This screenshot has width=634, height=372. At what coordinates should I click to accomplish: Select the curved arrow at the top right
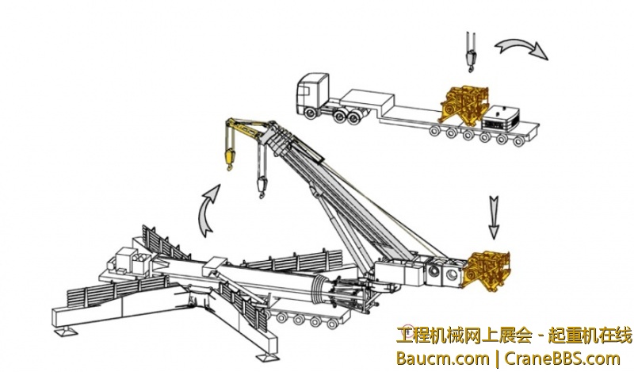tap(521, 48)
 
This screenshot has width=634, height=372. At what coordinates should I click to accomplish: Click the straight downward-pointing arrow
tap(494, 217)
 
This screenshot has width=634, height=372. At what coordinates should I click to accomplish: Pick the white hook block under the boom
tap(262, 186)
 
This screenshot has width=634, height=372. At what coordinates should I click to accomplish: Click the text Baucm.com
tap(442, 359)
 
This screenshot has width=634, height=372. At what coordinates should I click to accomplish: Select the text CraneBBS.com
tap(562, 359)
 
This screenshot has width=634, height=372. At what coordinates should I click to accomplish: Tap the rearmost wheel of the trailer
tap(519, 142)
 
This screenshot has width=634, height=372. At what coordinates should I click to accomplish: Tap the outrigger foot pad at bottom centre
tap(268, 357)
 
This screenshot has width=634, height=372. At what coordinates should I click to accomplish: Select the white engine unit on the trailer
tap(502, 117)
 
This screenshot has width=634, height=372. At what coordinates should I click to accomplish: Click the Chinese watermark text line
tap(514, 336)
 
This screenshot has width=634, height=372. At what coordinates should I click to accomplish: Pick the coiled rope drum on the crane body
tap(319, 290)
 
